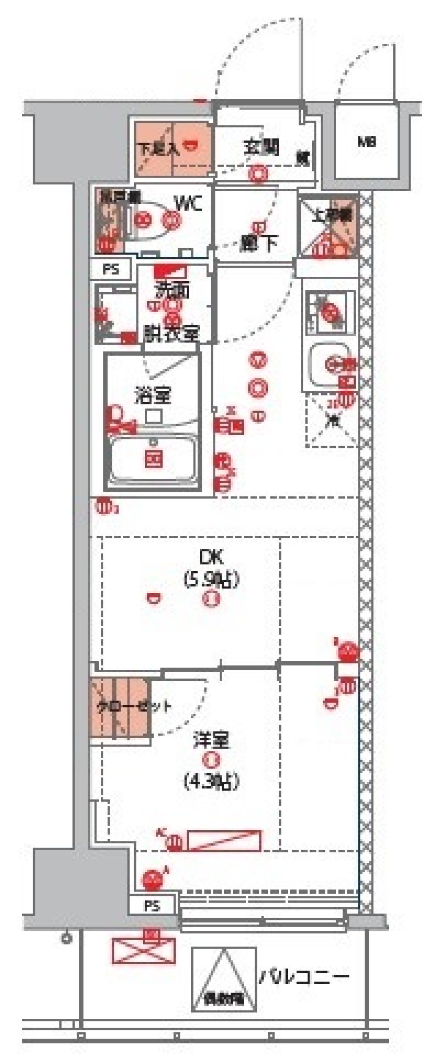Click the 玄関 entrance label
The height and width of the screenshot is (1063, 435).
coord(261,147)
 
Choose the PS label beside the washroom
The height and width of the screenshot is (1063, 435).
coord(111,270)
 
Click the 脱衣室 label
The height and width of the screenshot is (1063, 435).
coord(171,334)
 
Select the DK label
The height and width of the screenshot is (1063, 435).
coord(211,557)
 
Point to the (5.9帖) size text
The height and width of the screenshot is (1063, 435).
coord(211,579)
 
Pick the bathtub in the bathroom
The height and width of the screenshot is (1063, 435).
coord(153,460)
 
